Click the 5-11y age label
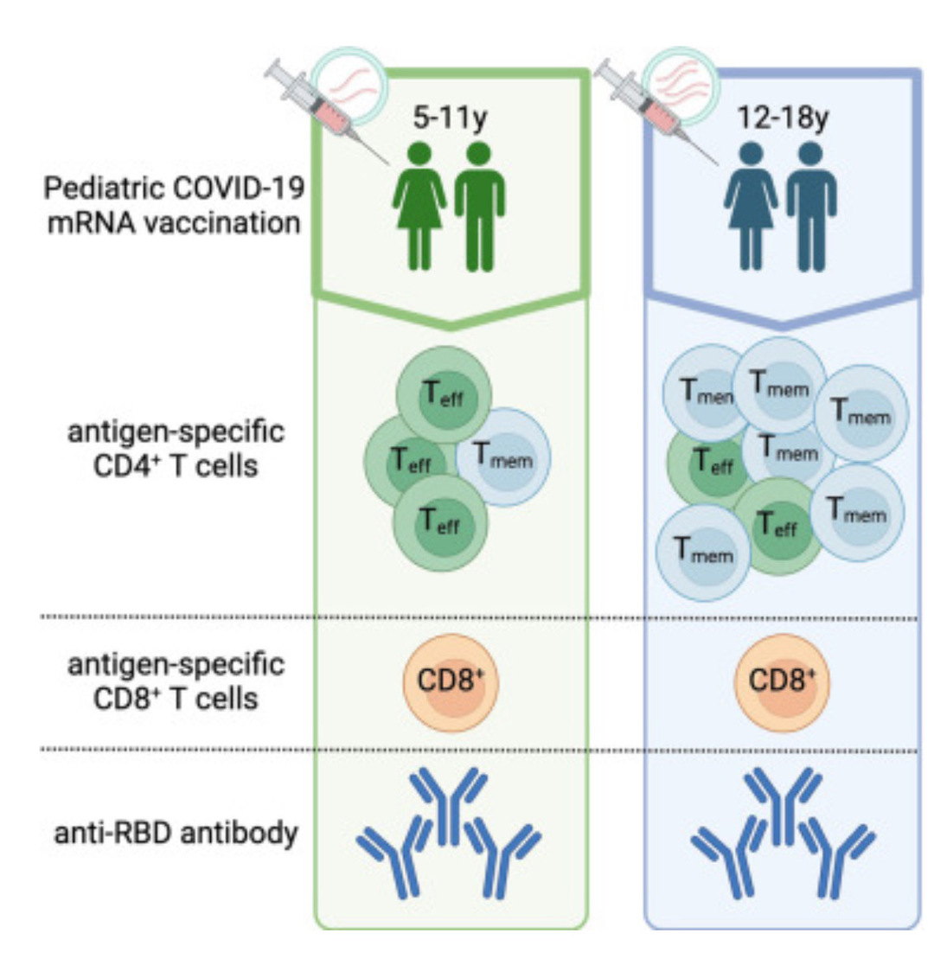pyautogui.click(x=450, y=118)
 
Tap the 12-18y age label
pyautogui.click(x=784, y=118)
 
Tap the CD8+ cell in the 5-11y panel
pyautogui.click(x=451, y=681)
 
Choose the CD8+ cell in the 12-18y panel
pyautogui.click(x=782, y=681)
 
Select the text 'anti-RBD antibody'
pyautogui.click(x=176, y=833)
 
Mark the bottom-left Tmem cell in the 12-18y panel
pyautogui.click(x=703, y=552)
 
